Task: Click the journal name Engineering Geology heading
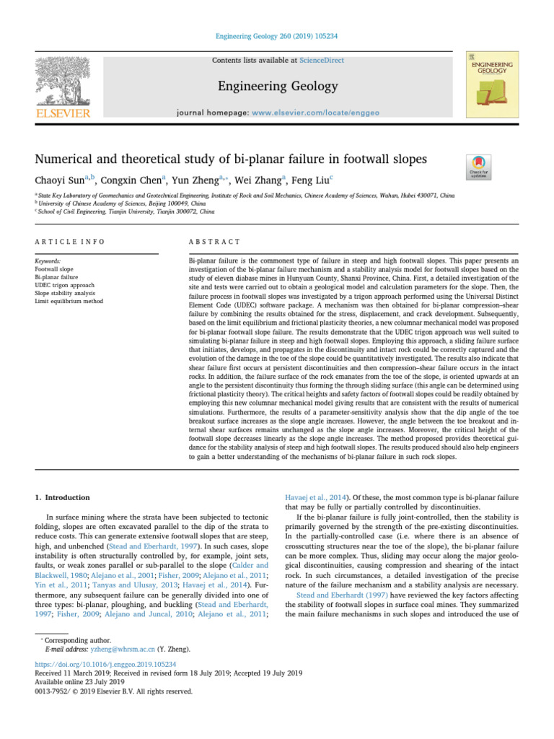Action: tap(277, 87)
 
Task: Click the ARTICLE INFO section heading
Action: tap(70, 241)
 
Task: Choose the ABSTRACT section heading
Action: tap(214, 241)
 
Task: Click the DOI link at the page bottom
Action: tap(106, 663)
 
